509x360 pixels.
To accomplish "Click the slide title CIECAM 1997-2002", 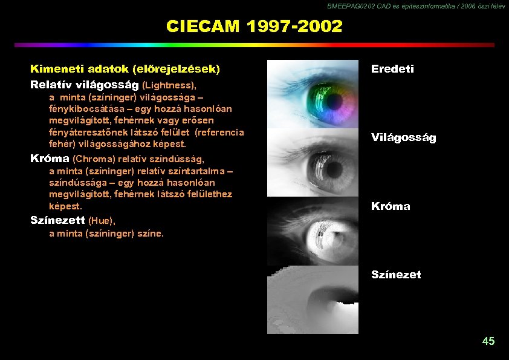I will tap(254, 27).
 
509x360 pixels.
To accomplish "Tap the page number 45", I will tap(488, 341).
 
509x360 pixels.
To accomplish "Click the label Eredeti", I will tap(392, 69).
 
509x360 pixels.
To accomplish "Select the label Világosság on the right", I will tap(403, 137).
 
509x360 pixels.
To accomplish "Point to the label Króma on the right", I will tap(391, 206).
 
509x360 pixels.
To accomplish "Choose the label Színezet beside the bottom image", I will tap(396, 275).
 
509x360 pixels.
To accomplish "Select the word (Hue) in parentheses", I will tap(102, 221).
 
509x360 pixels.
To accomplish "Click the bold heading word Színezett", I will tap(57, 220).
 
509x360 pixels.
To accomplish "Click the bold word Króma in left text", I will tap(50, 159).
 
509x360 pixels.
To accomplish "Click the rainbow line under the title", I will tap(254, 45).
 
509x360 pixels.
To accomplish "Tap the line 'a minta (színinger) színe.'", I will tap(106, 233).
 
